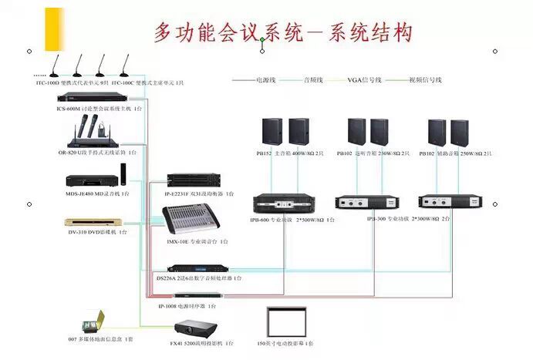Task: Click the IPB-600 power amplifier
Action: point(285,204)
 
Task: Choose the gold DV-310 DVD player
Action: point(92,221)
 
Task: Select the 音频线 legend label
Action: point(312,80)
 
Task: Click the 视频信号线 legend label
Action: point(425,80)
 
